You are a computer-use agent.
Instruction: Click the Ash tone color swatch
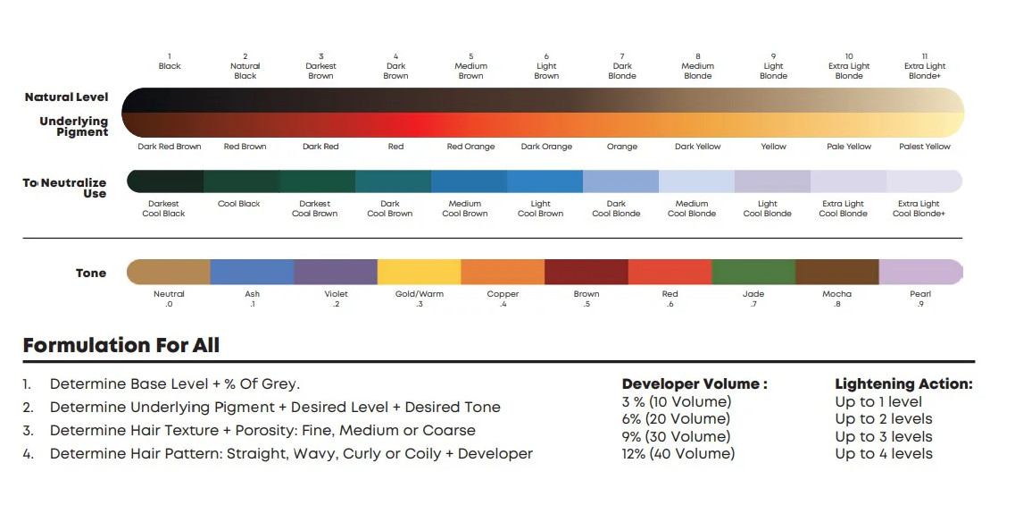point(253,272)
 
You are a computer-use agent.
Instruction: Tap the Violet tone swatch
point(336,272)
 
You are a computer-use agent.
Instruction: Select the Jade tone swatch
point(753,272)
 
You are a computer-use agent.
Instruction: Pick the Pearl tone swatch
point(920,272)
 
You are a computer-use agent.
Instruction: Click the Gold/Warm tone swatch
point(420,272)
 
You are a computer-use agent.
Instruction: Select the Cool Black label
point(239,204)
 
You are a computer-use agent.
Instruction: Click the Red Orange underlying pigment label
point(470,147)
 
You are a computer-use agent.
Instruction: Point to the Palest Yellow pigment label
point(925,147)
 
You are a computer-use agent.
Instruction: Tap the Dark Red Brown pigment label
point(170,147)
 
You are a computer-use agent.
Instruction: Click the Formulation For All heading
point(121,345)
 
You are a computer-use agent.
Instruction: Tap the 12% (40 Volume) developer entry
point(678,454)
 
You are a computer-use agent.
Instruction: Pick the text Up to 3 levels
point(883,437)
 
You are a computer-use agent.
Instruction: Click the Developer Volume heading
point(695,384)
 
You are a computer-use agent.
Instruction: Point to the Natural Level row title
point(66,97)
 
